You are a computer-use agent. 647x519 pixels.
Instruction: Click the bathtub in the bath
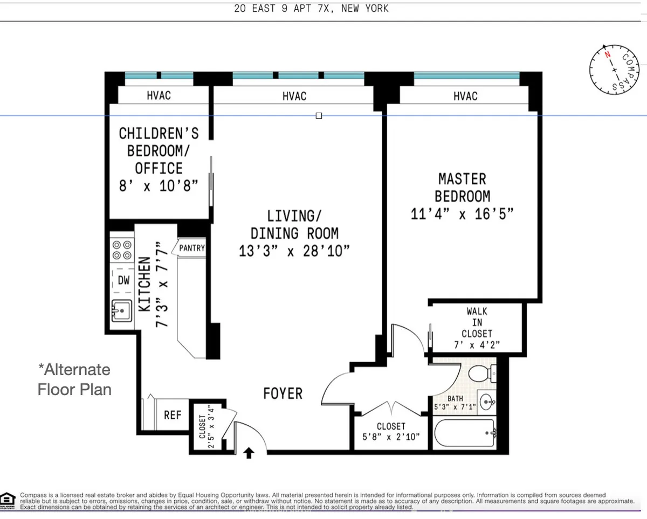click(464, 433)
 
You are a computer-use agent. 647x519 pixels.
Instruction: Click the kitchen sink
click(122, 310)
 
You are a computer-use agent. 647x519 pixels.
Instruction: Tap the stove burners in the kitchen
click(122, 250)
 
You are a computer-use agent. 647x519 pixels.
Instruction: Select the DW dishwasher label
click(123, 280)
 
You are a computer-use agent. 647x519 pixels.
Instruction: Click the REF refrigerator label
click(173, 416)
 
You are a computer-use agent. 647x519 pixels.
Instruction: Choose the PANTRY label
click(192, 248)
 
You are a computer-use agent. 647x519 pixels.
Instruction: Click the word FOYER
click(283, 394)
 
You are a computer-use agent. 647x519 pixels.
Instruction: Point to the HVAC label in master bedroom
click(465, 96)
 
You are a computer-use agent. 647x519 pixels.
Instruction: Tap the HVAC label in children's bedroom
click(159, 95)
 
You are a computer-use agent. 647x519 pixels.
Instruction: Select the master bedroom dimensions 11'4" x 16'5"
click(462, 214)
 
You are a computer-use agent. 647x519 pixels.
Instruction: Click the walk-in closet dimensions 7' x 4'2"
click(477, 345)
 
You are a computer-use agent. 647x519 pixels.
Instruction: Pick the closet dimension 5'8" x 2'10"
click(391, 437)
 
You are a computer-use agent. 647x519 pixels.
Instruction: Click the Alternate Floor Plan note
click(74, 379)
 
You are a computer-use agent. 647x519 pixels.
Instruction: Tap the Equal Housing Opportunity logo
click(8, 500)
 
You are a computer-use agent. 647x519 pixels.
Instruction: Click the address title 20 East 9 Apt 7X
click(311, 9)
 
